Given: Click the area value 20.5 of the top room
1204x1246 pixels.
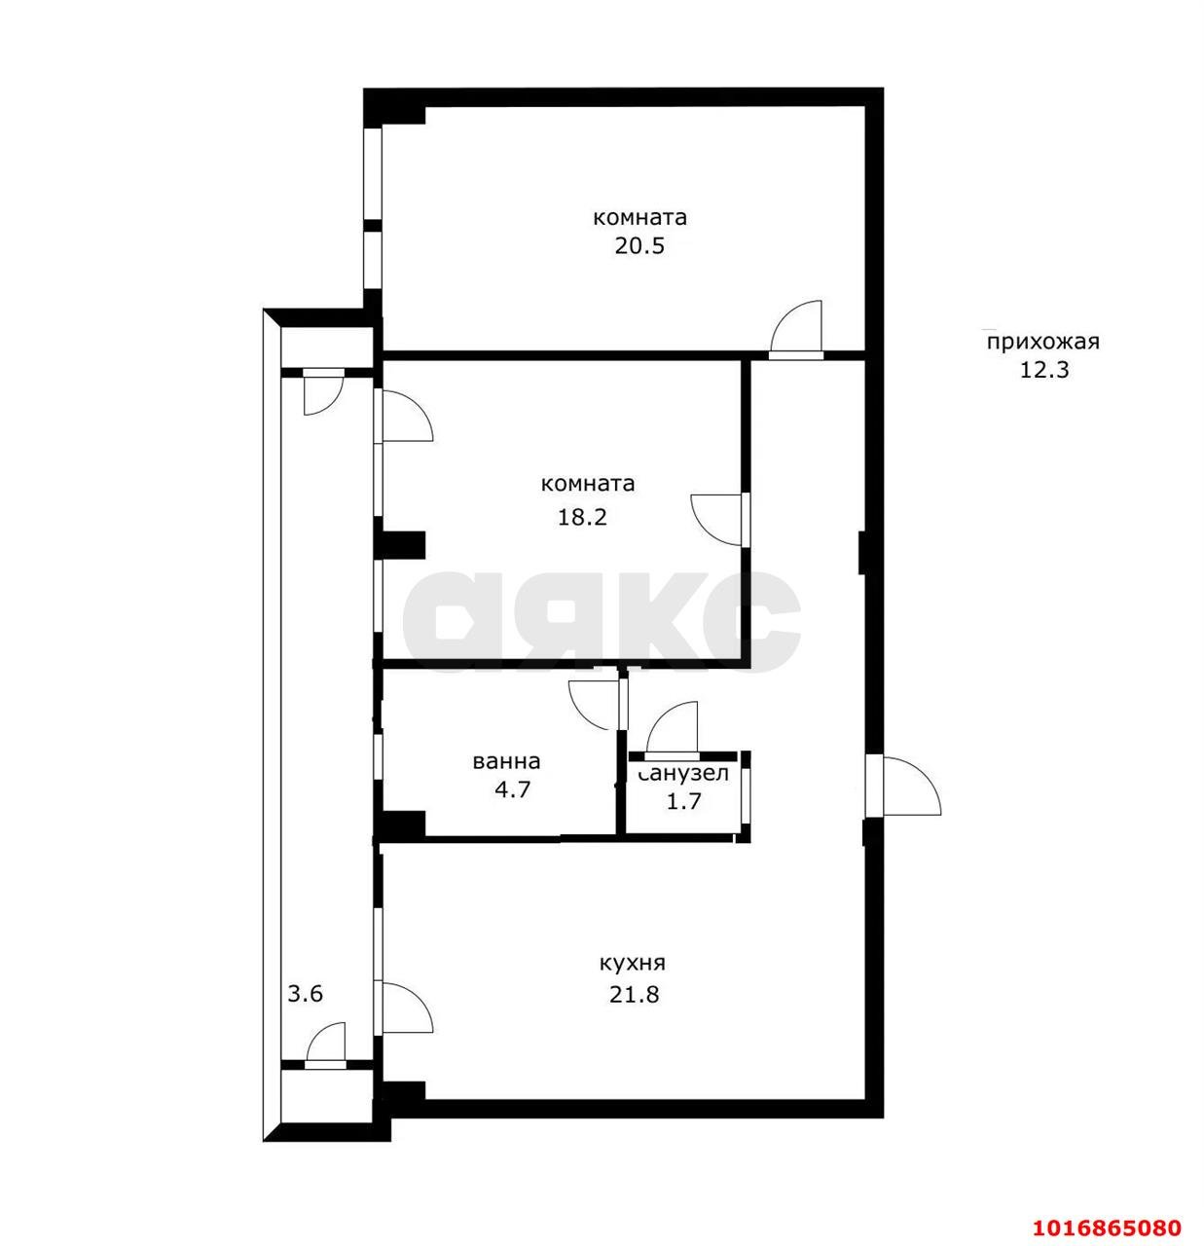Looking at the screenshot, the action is [639, 246].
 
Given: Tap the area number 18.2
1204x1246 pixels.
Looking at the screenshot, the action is [582, 516].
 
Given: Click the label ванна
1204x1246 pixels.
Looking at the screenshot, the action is [506, 762].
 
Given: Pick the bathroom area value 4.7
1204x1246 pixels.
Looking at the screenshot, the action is [513, 789].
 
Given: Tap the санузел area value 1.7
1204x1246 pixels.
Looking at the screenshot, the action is [684, 801].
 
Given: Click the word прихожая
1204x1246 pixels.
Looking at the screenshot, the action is [1042, 342].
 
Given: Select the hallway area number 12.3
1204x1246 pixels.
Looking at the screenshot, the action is [1044, 370].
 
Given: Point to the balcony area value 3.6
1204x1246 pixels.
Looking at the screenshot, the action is [306, 995].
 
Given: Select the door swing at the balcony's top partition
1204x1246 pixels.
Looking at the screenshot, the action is [323, 391].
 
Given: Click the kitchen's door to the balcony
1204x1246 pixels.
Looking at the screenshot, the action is [407, 1008].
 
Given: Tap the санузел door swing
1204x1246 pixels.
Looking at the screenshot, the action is [673, 727].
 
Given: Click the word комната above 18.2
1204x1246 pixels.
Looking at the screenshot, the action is [588, 484].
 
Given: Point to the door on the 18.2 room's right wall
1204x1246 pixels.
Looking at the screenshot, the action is [718, 519].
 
